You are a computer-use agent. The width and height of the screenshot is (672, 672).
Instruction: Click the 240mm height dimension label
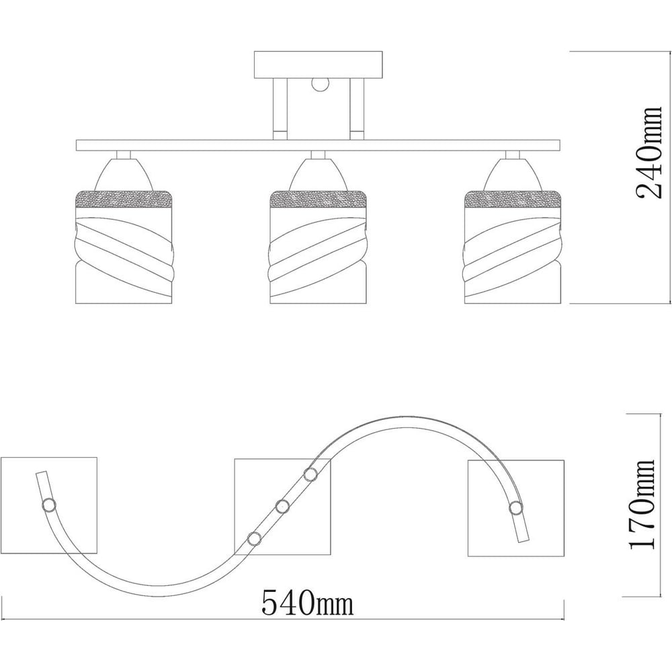[649, 153]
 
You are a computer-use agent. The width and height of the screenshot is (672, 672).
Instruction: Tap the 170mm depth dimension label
[642, 505]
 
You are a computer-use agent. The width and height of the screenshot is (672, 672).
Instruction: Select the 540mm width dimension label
[307, 603]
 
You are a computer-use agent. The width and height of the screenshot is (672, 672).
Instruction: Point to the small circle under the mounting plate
[319, 85]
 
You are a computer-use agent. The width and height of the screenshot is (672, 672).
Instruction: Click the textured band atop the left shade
[124, 199]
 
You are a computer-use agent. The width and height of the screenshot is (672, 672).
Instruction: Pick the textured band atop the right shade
[513, 199]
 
